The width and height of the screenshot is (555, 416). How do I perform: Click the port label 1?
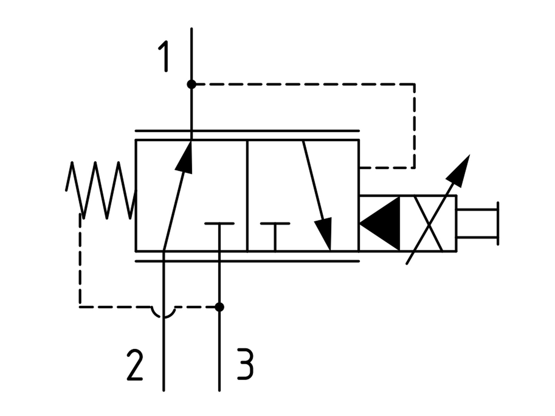164,56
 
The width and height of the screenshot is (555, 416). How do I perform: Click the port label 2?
135,365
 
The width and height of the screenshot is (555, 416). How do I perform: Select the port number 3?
245,364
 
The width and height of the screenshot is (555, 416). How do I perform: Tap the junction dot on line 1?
191,84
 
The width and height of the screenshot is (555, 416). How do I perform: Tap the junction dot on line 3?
219,307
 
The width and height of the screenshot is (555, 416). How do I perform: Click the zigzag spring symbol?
101,190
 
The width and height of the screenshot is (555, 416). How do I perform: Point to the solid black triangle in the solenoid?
380,223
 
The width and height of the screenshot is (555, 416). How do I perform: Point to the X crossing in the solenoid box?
428,223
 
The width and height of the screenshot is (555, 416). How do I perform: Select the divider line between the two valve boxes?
247,196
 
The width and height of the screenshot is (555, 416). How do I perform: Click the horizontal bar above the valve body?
247,131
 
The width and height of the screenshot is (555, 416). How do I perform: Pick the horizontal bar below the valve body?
247,261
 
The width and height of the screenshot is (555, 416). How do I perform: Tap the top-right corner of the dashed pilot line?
414,84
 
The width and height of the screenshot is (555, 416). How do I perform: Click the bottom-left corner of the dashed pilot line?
80,307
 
